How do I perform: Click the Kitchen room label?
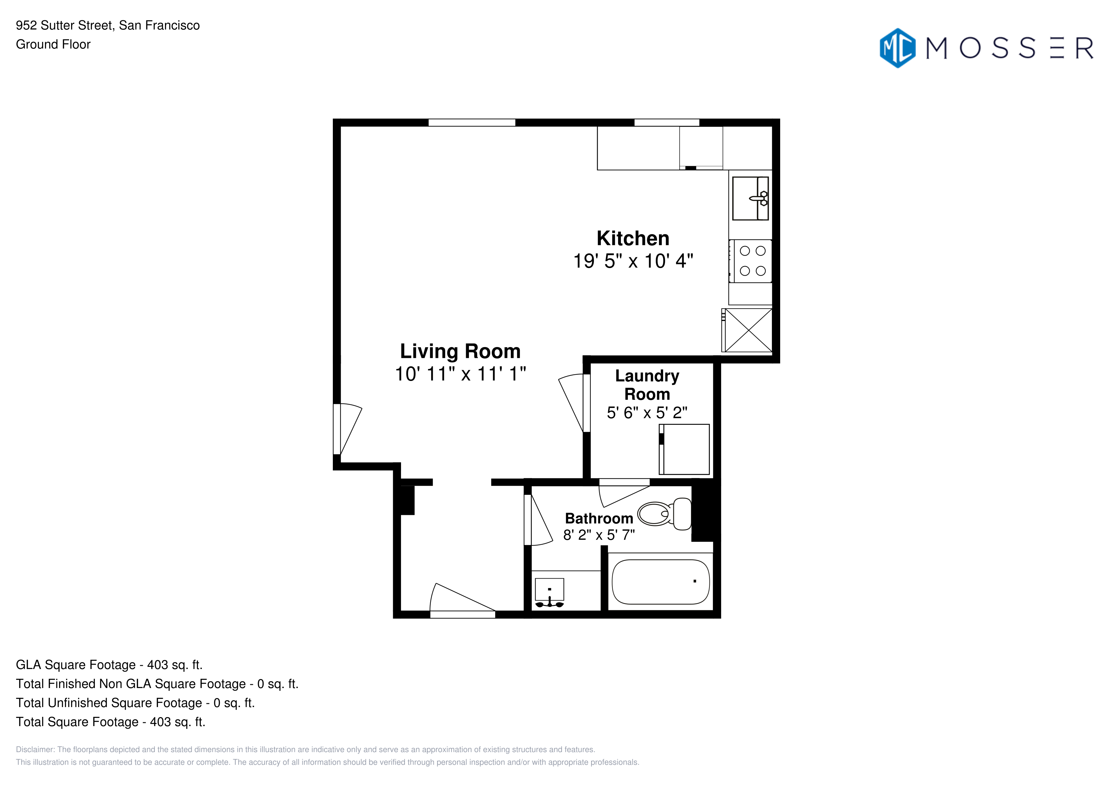point(633,239)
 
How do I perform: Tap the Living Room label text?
point(460,351)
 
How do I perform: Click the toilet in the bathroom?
point(664,514)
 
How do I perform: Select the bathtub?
point(661,582)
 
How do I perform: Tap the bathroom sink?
point(549,592)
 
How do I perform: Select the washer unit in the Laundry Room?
point(684,449)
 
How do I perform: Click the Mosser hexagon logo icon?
point(898,48)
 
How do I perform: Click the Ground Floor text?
point(53,45)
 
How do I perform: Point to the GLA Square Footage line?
point(109,665)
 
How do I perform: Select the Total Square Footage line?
point(110,722)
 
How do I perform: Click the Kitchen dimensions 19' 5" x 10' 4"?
point(633,261)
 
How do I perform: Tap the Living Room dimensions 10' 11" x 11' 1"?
point(460,374)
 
